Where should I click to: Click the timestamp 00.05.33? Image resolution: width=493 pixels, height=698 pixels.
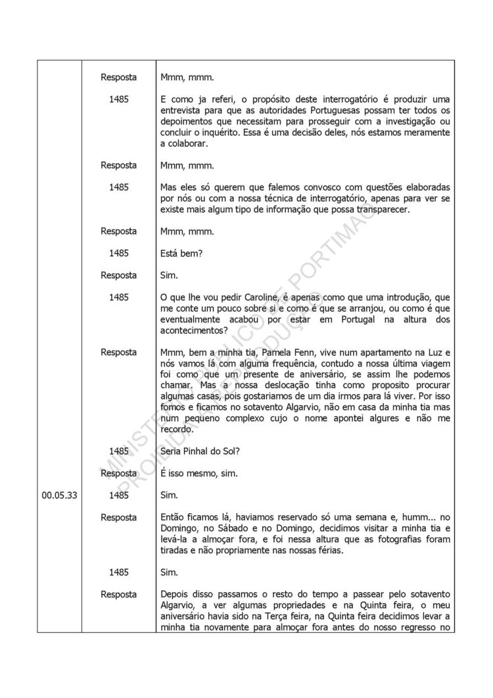click(60, 495)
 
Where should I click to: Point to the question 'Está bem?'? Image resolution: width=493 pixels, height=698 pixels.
click(181, 253)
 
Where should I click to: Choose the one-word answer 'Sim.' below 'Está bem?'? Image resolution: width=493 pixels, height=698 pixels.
click(169, 275)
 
